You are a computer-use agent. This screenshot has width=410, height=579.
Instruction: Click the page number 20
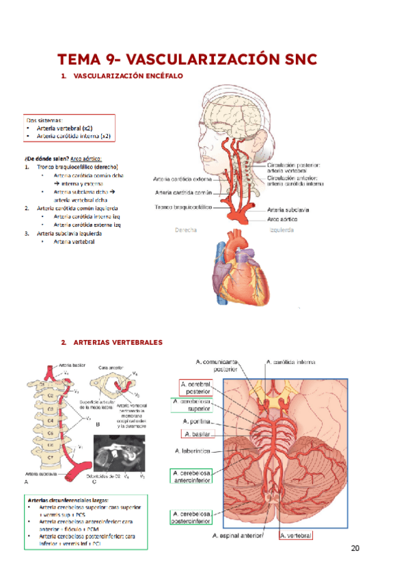[x=355, y=548]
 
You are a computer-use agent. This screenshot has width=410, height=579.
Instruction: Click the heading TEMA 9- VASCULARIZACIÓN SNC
[x=187, y=59]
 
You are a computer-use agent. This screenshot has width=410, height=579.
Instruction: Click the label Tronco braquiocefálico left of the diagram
[x=183, y=206]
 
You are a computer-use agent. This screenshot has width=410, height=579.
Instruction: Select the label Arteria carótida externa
[x=182, y=180]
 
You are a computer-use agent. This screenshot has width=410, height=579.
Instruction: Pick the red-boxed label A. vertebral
[x=296, y=537]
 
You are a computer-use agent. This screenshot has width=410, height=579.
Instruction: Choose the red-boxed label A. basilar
[x=197, y=434]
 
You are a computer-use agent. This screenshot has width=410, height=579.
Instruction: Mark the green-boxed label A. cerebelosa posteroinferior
[x=192, y=517]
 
